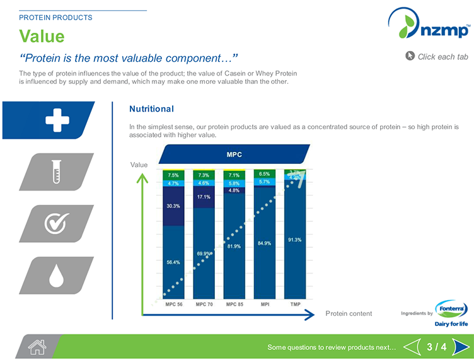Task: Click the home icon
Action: pos(37,347)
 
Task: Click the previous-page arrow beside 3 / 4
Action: pos(412,347)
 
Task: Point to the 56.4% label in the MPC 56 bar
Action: pos(173,262)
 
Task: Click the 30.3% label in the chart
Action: pos(173,206)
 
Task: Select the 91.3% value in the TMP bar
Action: pos(294,240)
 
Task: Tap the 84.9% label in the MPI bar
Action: pos(264,243)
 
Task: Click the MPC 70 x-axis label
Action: pos(204,304)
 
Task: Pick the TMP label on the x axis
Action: pos(295,304)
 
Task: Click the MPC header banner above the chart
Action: pos(234,154)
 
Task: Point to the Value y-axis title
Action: pos(139,165)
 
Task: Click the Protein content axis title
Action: pos(349,313)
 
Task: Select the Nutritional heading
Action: pos(151,109)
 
